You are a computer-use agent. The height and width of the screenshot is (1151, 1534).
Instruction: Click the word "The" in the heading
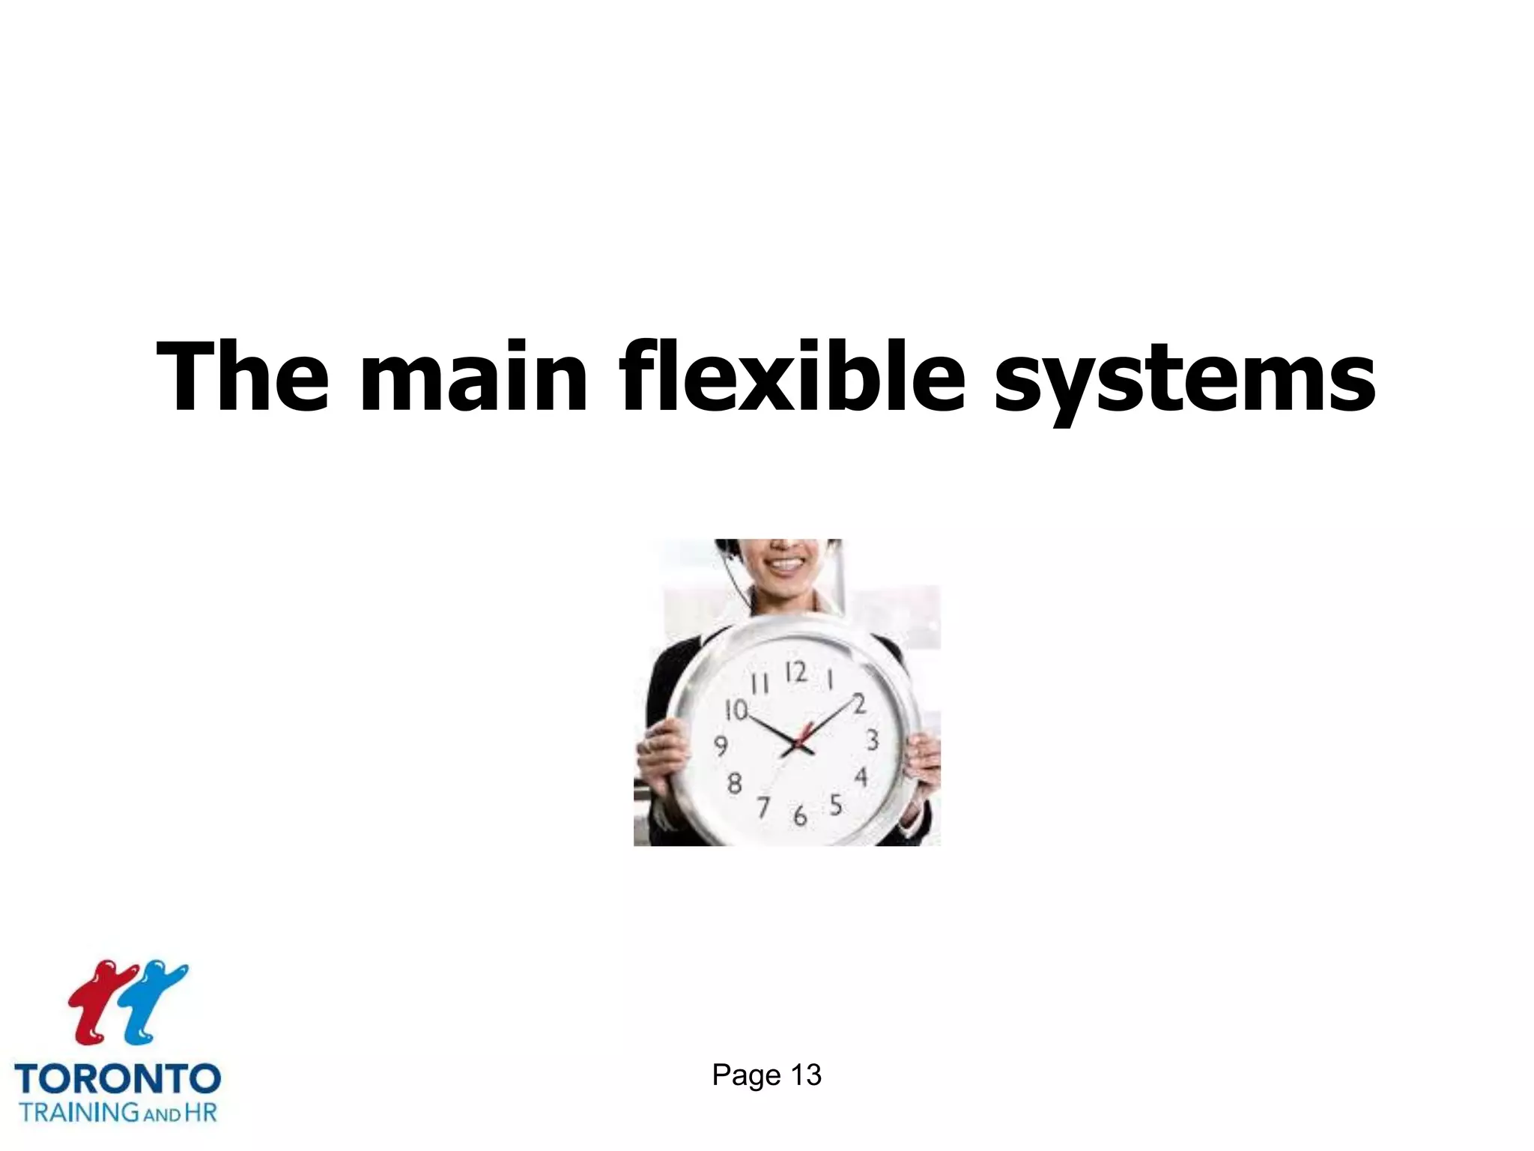[x=242, y=376]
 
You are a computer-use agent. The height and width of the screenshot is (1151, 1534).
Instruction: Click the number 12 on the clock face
[x=795, y=672]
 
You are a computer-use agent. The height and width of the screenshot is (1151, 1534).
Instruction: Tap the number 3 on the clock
[x=872, y=740]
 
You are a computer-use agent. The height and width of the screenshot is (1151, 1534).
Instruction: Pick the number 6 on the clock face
[x=800, y=815]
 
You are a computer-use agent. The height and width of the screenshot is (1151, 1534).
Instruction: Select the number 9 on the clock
[x=721, y=746]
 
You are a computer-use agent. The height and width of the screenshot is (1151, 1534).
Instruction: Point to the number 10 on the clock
[x=736, y=710]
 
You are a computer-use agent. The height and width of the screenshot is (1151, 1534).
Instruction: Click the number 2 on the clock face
[x=859, y=704]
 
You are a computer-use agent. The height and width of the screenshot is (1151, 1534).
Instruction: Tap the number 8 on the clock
[x=735, y=784]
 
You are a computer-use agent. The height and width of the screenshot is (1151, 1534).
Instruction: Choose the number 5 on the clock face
[x=836, y=806]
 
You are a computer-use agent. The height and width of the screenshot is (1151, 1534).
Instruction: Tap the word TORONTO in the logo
[x=118, y=1079]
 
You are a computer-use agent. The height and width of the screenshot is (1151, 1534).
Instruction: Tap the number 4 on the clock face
[x=861, y=777]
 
